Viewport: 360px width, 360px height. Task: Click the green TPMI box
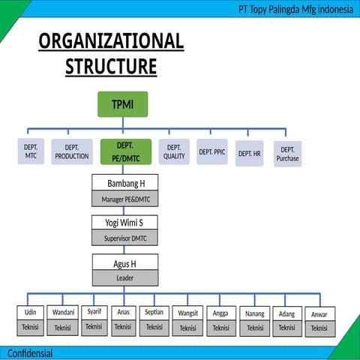pos(122,104)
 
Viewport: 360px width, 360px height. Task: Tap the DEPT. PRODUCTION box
pos(72,151)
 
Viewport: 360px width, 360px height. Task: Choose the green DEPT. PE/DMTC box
pos(125,151)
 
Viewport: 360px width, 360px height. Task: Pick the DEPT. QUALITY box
pos(174,151)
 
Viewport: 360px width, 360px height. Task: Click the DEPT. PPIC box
pos(212,151)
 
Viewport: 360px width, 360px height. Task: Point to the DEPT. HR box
pos(250,154)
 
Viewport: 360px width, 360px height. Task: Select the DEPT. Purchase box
pos(287,154)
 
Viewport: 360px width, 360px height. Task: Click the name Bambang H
pos(125,183)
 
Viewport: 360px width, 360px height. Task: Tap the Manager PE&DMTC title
pos(125,199)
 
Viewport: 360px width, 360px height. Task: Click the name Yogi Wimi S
pos(125,222)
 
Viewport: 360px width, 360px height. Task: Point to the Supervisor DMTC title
pos(125,238)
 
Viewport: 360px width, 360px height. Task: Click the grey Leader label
pos(125,277)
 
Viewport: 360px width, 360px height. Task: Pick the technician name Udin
pos(31,312)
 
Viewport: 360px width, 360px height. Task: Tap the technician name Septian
pos(154,312)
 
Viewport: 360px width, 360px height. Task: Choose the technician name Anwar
pos(319,313)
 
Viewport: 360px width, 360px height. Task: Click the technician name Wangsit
pos(187,313)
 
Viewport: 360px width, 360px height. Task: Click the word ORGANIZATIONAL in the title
pos(111,41)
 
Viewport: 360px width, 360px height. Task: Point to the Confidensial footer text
pos(30,353)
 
